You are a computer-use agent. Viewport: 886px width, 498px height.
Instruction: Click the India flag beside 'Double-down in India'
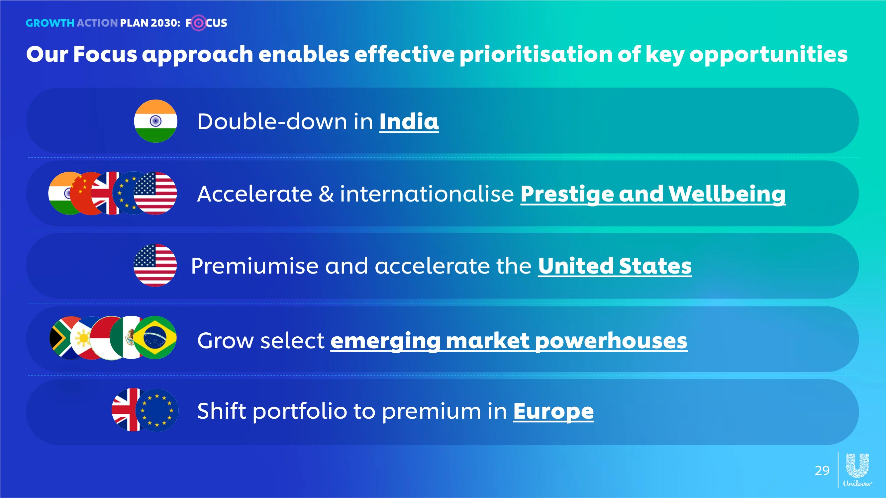155,121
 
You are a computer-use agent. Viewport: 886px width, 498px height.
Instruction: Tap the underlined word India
409,122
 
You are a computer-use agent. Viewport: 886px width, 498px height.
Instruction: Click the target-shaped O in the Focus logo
198,23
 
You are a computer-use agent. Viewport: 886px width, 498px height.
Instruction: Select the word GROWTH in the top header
50,23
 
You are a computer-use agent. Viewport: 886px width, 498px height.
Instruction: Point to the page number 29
822,470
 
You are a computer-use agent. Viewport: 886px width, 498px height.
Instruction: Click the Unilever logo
857,470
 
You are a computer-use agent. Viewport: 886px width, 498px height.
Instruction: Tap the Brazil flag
155,338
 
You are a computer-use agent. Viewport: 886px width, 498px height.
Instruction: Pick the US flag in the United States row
155,265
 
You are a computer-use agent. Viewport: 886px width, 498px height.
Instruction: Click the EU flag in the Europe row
157,410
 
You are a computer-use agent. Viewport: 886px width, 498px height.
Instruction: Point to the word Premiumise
255,266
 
